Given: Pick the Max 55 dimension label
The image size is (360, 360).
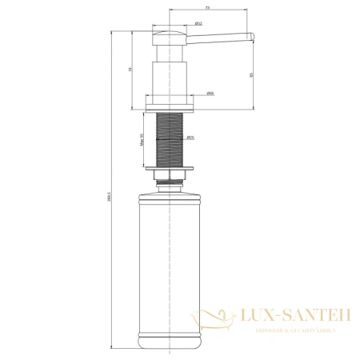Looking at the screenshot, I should coord(141,141).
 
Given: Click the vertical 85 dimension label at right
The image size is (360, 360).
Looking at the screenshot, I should coord(250,75).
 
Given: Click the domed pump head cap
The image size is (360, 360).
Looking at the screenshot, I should coord(169,30).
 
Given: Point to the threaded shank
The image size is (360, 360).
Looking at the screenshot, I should coord(169,136).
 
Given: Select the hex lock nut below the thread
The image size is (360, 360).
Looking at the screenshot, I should coord(169,177).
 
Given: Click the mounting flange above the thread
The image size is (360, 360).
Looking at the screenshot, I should coord(169,102).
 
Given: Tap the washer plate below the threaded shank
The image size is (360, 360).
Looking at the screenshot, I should coord(169,168).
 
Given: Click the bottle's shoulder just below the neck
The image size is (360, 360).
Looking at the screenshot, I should coord(169,194).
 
